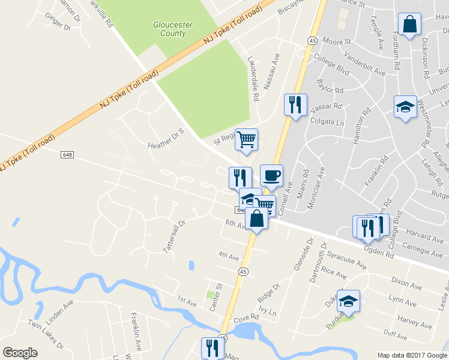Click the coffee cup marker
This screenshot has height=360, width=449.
(271, 176)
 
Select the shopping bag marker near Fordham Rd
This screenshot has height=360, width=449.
(409, 25)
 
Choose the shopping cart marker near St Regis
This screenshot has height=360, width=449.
(246, 140)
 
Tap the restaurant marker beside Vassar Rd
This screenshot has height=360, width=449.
(295, 105)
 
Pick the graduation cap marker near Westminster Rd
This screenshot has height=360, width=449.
(405, 107)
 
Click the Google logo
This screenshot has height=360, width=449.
(20, 352)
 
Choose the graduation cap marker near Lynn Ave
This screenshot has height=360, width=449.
(348, 301)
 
